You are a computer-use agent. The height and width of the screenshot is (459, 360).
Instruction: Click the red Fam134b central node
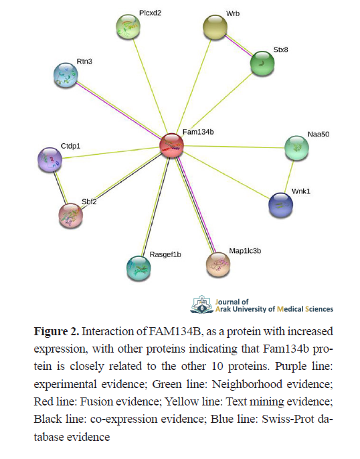172,145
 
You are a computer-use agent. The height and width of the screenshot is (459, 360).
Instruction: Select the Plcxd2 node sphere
128,26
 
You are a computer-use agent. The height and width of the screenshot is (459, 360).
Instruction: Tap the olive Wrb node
215,27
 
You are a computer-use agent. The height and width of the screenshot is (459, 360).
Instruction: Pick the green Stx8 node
262,63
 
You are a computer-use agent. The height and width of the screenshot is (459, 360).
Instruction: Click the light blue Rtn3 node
66,75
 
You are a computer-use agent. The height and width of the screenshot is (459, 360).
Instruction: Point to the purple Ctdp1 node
50,160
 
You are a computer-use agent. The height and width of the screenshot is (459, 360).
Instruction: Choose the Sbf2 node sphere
71,215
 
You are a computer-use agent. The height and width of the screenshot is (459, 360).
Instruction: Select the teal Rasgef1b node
139,268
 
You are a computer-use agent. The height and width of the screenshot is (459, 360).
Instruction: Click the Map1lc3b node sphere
218,265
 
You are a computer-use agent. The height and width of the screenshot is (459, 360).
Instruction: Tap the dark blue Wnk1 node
280,205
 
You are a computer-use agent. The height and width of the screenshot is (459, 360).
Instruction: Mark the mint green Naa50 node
297,148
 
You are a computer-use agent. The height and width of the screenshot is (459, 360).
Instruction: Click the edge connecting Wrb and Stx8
239,45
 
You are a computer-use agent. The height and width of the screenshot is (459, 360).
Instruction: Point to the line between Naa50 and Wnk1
288,177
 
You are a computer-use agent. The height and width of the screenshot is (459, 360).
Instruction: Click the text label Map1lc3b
245,251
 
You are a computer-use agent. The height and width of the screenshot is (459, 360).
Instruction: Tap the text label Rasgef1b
165,254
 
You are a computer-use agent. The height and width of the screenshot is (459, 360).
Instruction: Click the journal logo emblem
202,304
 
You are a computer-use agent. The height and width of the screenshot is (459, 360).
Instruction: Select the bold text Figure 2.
56,332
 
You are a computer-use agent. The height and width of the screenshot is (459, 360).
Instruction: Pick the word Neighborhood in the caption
247,384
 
